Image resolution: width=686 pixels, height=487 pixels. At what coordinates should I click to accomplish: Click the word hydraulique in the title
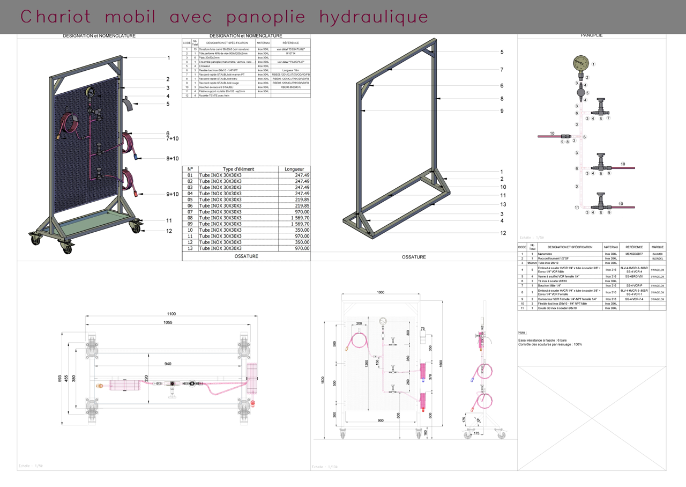click(x=374, y=17)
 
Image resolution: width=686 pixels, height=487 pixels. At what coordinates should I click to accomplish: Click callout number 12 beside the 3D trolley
click(x=169, y=231)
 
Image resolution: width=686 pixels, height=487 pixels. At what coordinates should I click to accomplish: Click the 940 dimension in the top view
click(x=168, y=364)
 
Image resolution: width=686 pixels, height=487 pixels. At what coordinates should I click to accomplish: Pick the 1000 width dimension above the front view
click(x=381, y=292)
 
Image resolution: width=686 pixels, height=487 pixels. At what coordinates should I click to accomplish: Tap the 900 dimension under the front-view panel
click(x=381, y=420)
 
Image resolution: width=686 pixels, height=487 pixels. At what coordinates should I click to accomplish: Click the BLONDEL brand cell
click(x=658, y=259)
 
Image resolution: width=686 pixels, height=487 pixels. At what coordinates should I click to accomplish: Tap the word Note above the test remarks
click(x=523, y=333)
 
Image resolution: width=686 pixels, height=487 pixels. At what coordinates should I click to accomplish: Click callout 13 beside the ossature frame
click(x=503, y=204)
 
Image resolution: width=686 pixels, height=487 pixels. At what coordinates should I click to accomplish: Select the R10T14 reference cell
click(x=290, y=54)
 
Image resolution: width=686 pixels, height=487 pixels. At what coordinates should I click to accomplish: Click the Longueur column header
click(x=294, y=169)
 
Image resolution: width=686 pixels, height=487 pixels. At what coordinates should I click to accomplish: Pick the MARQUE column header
click(x=658, y=247)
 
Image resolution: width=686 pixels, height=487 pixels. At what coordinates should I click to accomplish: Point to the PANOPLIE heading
click(x=592, y=35)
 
